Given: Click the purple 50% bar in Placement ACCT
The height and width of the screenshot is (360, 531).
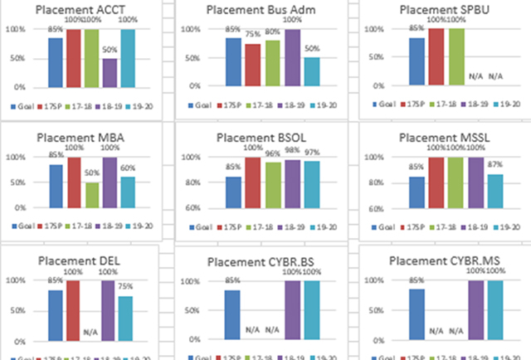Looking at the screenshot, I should pos(110,72).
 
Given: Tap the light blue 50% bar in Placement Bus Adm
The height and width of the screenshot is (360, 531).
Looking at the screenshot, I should pos(311,72).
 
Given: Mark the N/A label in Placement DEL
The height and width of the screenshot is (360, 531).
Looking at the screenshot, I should pos(92,331).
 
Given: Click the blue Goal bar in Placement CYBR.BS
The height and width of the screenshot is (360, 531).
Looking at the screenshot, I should pos(233,314).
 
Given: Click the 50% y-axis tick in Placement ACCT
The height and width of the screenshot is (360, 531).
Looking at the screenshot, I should pos(16,58).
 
